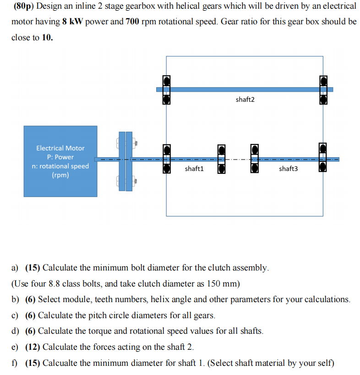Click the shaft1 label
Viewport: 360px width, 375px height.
click(x=194, y=169)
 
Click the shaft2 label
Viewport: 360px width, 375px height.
click(x=245, y=99)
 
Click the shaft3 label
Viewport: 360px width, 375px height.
click(x=288, y=169)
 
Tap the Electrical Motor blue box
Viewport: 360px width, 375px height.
click(x=60, y=161)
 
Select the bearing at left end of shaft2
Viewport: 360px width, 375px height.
click(x=167, y=90)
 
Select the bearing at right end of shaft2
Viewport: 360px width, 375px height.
click(x=323, y=90)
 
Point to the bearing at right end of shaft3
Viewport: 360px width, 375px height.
click(x=323, y=159)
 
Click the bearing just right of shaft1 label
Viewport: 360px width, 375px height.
click(x=222, y=160)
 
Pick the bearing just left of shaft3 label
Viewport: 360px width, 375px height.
click(x=255, y=160)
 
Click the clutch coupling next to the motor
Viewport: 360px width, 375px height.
click(x=126, y=160)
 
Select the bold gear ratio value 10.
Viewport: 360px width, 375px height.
click(x=47, y=38)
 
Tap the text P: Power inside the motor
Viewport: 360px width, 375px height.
click(x=60, y=157)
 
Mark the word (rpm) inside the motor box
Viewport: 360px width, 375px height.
click(x=60, y=175)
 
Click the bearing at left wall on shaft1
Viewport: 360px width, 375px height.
click(x=167, y=159)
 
